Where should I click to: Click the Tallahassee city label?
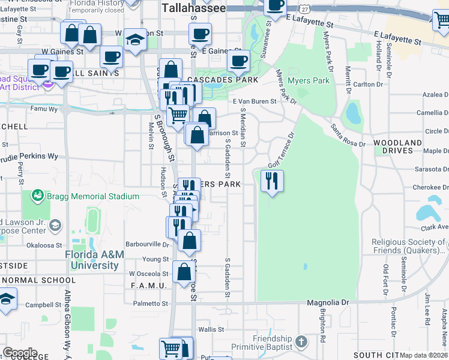[x=193, y=8]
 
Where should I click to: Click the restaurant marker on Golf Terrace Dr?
[x=272, y=181]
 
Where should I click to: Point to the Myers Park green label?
[x=309, y=80]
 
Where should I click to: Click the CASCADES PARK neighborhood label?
[x=223, y=80]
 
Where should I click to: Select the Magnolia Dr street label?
[x=328, y=303]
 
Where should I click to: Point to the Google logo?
[x=20, y=353]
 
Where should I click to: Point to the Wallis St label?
[x=211, y=329]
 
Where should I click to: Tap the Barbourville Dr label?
[x=148, y=244]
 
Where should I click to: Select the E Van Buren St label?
[x=255, y=101]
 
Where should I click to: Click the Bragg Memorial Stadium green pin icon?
[x=38, y=196]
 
